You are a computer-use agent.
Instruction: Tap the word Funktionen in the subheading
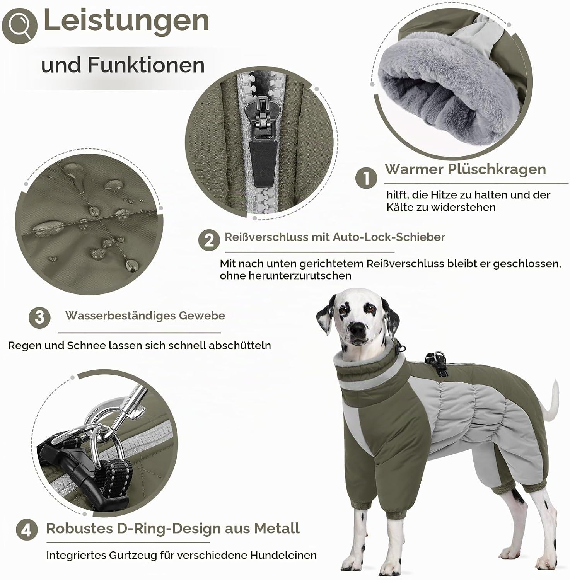(x=147, y=65)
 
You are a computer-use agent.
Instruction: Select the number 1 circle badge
(x=366, y=178)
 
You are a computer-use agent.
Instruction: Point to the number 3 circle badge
(x=39, y=318)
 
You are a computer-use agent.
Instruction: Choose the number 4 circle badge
(x=27, y=530)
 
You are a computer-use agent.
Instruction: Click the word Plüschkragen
(x=497, y=169)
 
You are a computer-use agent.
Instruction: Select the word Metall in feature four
(x=277, y=528)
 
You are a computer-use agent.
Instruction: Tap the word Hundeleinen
(x=283, y=556)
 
